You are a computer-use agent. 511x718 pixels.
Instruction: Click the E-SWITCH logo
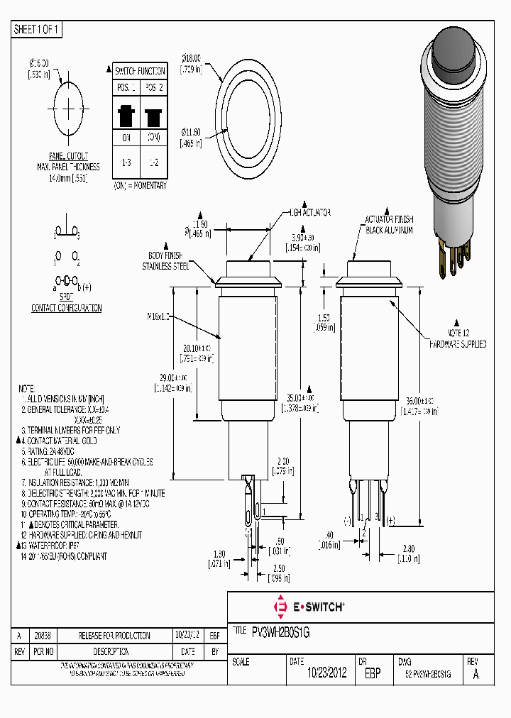[309, 607]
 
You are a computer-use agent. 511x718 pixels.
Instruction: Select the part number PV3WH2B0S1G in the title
[281, 631]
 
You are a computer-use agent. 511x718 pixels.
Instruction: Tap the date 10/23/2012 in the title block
[326, 673]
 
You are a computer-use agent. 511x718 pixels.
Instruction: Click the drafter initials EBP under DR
[372, 673]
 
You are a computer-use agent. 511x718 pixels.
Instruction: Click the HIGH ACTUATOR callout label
[309, 213]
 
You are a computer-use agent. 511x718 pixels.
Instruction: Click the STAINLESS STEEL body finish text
[165, 266]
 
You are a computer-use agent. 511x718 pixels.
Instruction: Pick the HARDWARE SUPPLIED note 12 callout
[458, 344]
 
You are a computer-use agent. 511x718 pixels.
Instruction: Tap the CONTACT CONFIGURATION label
[67, 308]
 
